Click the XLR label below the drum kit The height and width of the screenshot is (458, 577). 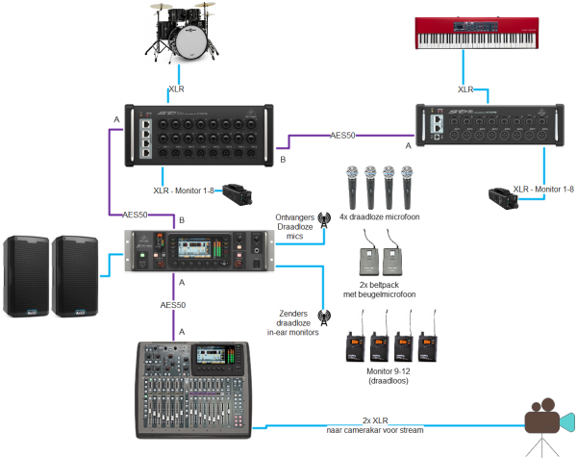point(176,89)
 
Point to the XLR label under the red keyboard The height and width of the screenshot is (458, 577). point(465,89)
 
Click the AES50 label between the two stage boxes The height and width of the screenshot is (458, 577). point(343,136)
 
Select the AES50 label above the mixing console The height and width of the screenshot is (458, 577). point(173,304)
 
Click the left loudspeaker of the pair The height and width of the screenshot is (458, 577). point(27,275)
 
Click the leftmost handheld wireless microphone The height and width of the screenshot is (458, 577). point(352,188)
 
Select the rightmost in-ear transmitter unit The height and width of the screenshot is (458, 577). point(428,335)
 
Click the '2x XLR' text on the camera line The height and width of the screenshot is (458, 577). point(375,420)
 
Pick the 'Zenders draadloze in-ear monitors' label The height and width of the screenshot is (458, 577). point(292,321)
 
